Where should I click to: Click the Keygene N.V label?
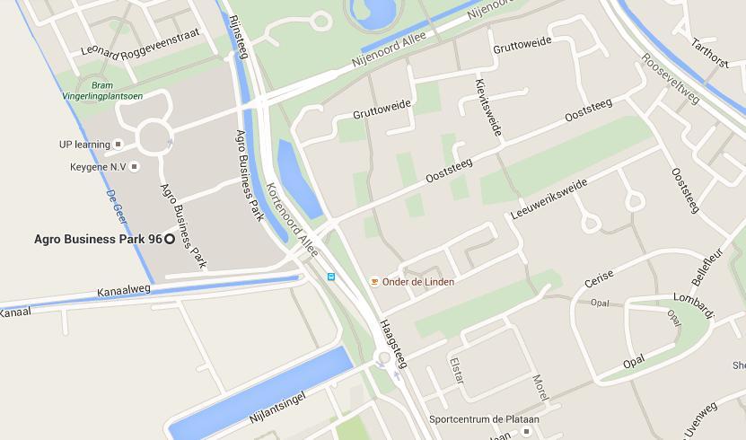click(x=99, y=167)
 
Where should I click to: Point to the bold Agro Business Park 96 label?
click(x=98, y=240)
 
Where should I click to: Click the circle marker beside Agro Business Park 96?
click(x=170, y=240)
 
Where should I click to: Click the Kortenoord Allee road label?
click(x=292, y=220)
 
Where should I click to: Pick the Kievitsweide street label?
click(x=487, y=107)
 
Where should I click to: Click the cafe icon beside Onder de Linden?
click(x=374, y=281)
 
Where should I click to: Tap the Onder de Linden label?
click(x=418, y=282)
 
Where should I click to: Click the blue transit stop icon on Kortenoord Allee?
click(x=330, y=277)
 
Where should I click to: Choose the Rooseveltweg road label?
click(x=670, y=78)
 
